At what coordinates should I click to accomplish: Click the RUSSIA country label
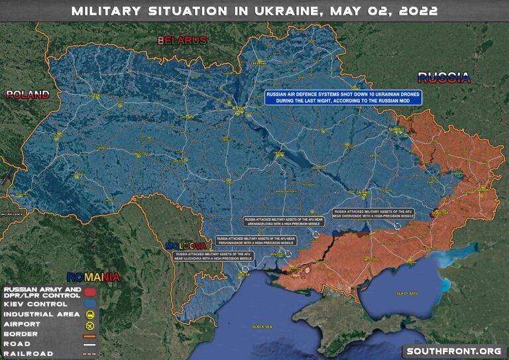[443, 78]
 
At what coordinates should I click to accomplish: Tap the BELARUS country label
[182, 40]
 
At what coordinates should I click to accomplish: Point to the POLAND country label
[28, 95]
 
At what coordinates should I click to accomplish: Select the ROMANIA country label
[94, 276]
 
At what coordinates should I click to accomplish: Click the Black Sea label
[262, 327]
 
